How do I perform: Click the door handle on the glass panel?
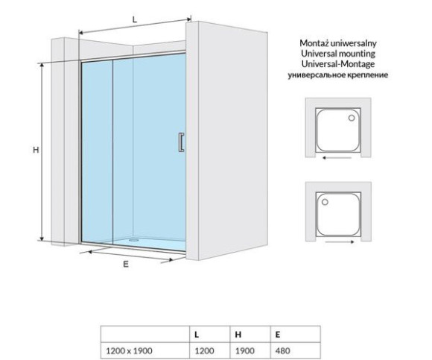[x=181, y=142]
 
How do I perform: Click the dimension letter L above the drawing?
[x=135, y=19]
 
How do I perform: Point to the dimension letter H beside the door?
[x=36, y=150]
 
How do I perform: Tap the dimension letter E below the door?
[x=126, y=265]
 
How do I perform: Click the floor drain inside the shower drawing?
[x=134, y=240]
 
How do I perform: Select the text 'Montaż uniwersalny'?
[x=338, y=43]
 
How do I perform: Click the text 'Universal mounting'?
[x=338, y=53]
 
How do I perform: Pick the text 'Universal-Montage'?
[x=338, y=64]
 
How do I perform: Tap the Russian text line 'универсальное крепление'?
[x=338, y=75]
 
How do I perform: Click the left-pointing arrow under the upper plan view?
[x=337, y=158]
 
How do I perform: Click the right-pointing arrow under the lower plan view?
[x=340, y=242]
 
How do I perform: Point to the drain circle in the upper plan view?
[x=352, y=118]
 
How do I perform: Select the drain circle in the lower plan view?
[x=325, y=202]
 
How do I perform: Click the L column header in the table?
[x=197, y=335]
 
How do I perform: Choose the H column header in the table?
[x=238, y=335]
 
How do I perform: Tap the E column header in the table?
[x=278, y=335]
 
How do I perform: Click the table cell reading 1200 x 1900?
[x=129, y=350]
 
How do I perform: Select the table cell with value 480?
[x=283, y=350]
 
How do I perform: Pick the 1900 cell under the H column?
[x=244, y=350]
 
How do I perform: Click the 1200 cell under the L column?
[x=204, y=350]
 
